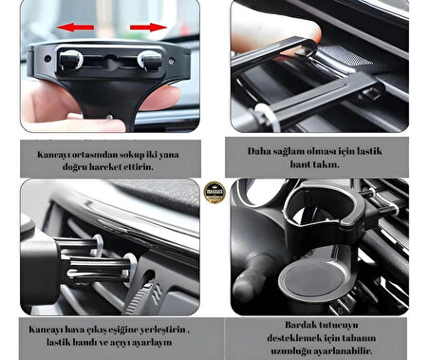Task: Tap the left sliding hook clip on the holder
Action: click(72, 60)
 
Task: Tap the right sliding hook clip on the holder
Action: click(149, 61)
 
